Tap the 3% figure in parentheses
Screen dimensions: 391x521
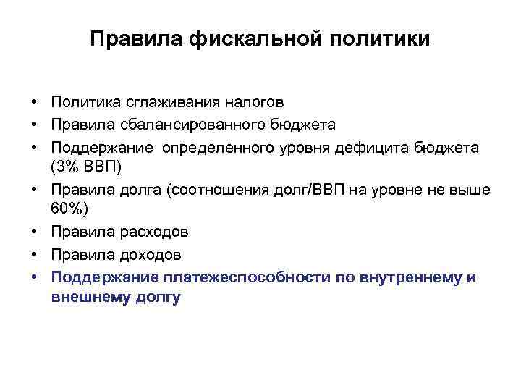pos(69,167)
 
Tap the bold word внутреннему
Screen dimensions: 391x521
pos(408,277)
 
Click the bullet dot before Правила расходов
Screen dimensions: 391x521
pos(34,232)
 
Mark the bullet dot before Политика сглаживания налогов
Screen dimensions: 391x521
pos(34,102)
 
